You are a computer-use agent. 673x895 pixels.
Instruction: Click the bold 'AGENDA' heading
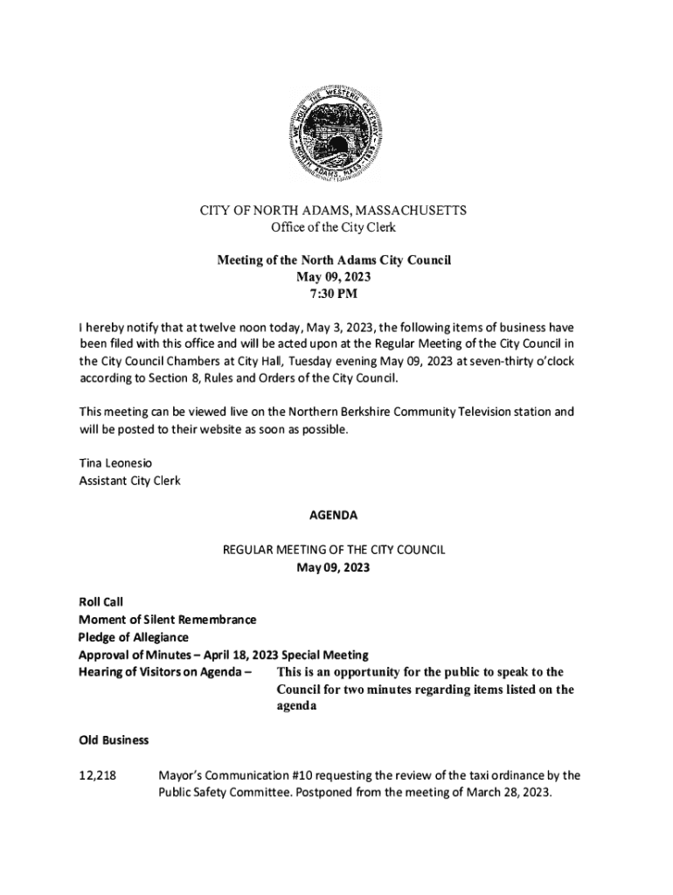(x=336, y=516)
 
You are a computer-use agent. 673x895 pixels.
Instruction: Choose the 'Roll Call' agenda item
(x=101, y=601)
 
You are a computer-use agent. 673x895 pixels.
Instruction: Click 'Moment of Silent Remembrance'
(x=167, y=619)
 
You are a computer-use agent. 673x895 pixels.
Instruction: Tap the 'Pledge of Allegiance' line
(x=133, y=636)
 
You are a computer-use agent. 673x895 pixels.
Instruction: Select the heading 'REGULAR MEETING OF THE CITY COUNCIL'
(x=336, y=550)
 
